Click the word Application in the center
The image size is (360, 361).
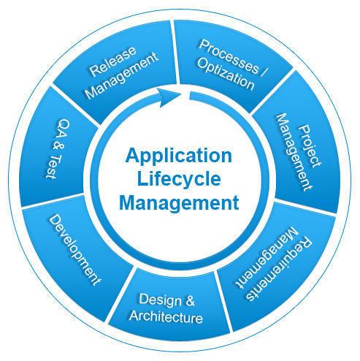(179, 156)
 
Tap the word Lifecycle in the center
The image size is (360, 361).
(179, 180)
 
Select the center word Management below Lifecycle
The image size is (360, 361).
(179, 203)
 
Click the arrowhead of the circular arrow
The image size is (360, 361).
(169, 97)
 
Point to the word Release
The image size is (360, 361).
(112, 61)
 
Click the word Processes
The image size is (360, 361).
(229, 56)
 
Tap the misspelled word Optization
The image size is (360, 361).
(226, 75)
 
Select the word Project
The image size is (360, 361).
(310, 146)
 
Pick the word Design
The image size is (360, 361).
(160, 300)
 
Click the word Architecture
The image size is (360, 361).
(166, 316)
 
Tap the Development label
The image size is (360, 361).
(74, 250)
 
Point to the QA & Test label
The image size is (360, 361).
(58, 149)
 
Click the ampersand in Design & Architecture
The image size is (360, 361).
(190, 300)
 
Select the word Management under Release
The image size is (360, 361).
(122, 75)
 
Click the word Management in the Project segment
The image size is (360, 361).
(294, 152)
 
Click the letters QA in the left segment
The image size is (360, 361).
(62, 129)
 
